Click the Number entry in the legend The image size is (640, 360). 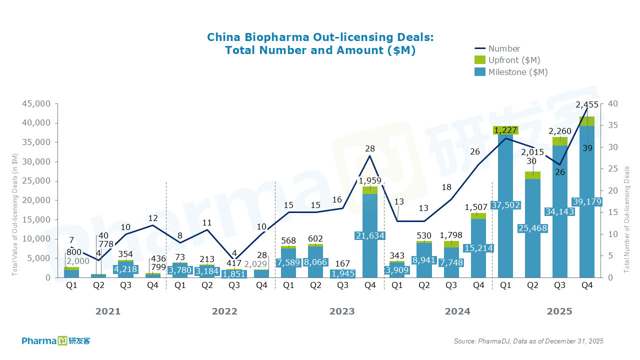coord(504,48)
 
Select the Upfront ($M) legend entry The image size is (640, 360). coord(514,60)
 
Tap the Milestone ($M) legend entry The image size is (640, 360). coord(518,72)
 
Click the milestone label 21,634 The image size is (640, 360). coord(370,235)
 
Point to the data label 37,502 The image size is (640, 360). coord(505,205)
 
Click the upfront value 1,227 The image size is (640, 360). coord(505,130)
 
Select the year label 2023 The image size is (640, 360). coord(342,311)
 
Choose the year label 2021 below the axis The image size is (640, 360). coord(108,311)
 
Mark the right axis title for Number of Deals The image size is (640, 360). coord(626,220)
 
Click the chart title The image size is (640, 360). coord(320,44)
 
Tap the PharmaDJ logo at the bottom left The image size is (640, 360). coord(55,341)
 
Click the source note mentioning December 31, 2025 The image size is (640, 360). coord(528,341)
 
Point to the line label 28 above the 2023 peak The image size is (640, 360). coord(370,148)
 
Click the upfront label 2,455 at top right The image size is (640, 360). coord(587,105)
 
